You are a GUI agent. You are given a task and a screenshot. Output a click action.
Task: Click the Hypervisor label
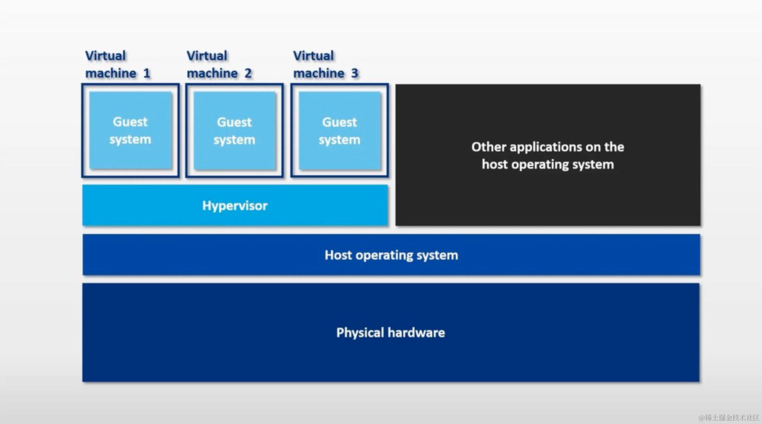point(235,206)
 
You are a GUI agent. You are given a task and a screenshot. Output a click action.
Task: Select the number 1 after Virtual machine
point(147,73)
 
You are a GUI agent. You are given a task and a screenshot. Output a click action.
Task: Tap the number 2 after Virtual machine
point(248,73)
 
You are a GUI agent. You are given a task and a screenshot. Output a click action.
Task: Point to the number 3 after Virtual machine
point(354,73)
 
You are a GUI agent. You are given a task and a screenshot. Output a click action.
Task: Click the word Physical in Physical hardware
point(360,333)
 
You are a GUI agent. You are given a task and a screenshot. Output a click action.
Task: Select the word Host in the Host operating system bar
point(338,255)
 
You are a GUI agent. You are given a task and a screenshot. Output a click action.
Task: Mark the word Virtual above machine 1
point(105,56)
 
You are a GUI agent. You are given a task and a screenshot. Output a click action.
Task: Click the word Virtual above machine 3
point(313,56)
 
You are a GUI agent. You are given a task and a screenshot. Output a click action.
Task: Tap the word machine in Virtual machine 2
point(212,73)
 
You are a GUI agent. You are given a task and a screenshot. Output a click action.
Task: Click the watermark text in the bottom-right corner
point(728,418)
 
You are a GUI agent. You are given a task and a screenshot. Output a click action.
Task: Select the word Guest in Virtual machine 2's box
point(234,122)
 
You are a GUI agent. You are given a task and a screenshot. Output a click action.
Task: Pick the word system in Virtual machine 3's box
point(339,140)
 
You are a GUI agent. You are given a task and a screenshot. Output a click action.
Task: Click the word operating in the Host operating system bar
point(384,255)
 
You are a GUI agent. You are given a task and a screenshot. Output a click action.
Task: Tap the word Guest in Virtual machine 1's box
point(130,122)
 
